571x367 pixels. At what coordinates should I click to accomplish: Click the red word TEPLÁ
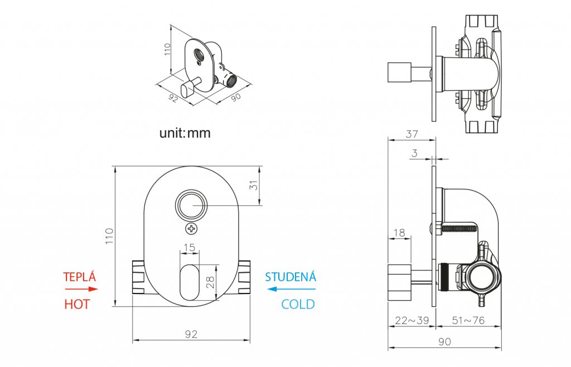[x=80, y=277]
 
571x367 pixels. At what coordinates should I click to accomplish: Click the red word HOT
[x=77, y=304]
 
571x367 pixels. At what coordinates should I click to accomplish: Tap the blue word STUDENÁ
[x=290, y=277]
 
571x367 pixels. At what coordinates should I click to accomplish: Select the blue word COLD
[x=298, y=304]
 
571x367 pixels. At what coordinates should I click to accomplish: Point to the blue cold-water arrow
[x=291, y=289]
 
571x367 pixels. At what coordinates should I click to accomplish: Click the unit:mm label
[x=185, y=134]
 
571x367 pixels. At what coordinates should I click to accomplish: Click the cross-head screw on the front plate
[x=191, y=228]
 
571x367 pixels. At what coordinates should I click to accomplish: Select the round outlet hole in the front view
[x=191, y=205]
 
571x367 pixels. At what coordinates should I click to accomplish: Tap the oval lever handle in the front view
[x=191, y=282]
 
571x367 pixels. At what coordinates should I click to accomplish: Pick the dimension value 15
[x=189, y=247]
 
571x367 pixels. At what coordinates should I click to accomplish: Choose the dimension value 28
[x=210, y=282]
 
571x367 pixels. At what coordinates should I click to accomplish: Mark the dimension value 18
[x=399, y=232]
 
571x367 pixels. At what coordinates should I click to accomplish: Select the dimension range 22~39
[x=411, y=321]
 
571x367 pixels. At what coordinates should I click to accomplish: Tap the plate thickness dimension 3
[x=414, y=153]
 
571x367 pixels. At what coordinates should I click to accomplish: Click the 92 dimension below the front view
[x=191, y=334]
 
